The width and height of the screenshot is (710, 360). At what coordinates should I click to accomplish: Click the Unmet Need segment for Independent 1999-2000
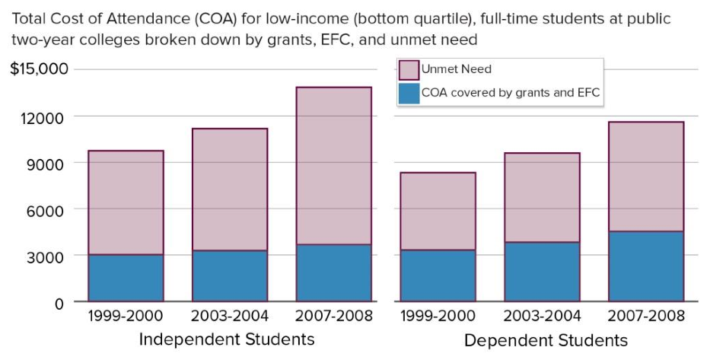[126, 202]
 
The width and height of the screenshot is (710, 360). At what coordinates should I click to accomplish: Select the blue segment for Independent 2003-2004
[230, 276]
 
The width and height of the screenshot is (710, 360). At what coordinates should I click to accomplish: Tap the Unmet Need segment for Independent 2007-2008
[334, 166]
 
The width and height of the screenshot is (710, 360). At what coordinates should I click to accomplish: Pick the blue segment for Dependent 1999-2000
[438, 275]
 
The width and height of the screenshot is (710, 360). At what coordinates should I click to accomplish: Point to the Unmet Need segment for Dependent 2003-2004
[542, 198]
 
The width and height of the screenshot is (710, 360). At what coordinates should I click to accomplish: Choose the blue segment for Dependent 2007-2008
[646, 266]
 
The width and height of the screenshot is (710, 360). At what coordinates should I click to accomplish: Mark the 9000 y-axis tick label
[48, 163]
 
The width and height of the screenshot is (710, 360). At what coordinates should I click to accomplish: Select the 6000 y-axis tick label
[48, 209]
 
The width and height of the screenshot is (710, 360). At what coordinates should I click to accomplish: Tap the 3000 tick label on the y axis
[48, 256]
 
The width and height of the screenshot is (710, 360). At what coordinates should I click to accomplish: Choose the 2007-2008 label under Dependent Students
[646, 316]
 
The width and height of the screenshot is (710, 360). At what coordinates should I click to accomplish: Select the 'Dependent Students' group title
[546, 340]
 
